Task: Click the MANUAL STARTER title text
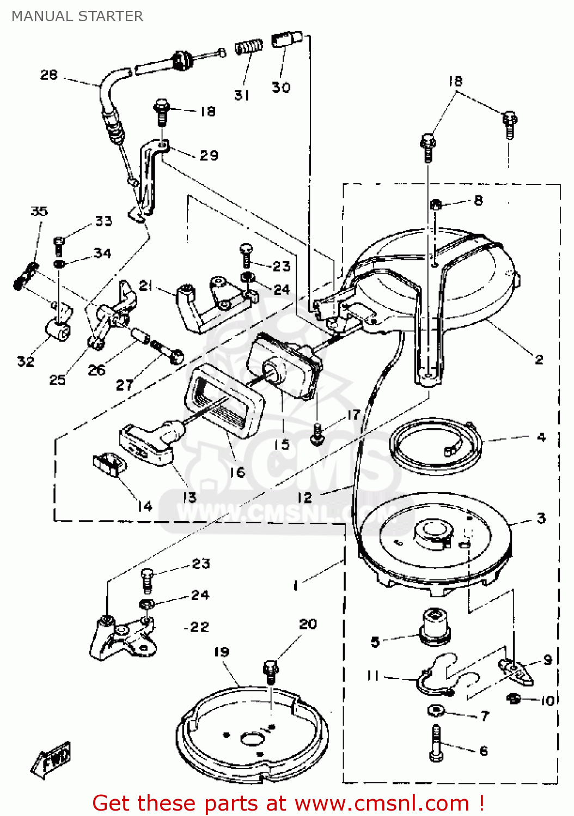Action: (77, 16)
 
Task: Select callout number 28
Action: (49, 75)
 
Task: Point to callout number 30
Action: (281, 87)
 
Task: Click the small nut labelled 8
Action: (436, 205)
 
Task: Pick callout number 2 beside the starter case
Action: (539, 359)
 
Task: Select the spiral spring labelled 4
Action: (436, 446)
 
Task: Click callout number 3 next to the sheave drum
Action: (541, 518)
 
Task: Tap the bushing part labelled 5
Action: (435, 627)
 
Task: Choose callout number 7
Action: (485, 716)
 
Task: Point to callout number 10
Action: (547, 700)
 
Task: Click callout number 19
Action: (222, 652)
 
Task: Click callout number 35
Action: (39, 211)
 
